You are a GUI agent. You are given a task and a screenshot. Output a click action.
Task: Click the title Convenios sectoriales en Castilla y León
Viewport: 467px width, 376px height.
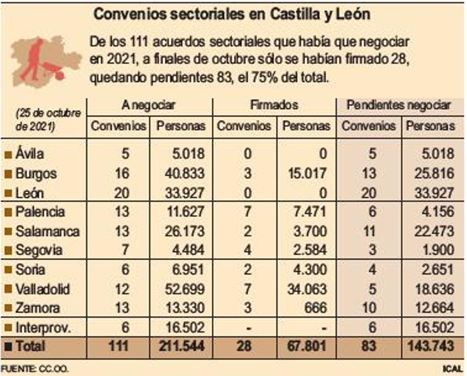tap(232, 15)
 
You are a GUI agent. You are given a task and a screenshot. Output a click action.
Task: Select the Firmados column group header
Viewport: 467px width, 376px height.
tap(274, 105)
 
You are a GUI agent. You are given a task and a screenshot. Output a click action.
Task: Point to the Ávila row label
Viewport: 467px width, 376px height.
tap(30, 154)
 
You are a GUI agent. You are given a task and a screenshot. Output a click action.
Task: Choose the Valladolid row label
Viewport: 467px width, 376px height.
tap(42, 289)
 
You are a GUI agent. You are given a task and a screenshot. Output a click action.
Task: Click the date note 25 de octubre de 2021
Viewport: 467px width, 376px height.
tap(48, 120)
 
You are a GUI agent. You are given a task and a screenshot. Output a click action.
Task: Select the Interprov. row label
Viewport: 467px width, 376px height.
tap(43, 327)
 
